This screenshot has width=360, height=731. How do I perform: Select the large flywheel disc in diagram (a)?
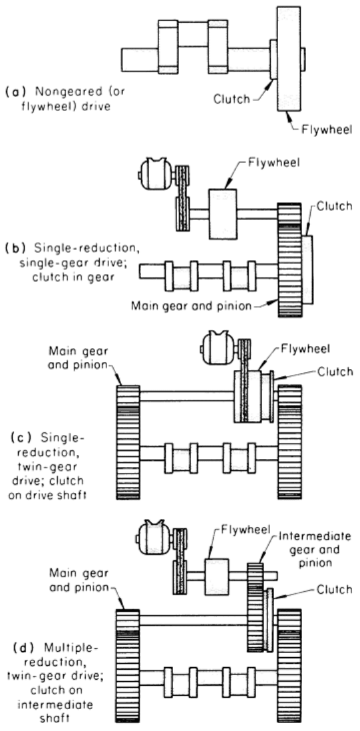pos(288,59)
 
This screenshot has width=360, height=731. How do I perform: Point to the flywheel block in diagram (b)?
pos(222,214)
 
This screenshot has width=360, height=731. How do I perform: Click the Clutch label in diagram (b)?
pos(335,206)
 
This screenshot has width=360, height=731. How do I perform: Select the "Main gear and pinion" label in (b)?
pos(192,306)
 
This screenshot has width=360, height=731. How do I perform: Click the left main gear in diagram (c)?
pos(128,442)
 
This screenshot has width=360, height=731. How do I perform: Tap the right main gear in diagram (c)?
pos(289,442)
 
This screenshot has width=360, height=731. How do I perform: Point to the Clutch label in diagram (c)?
pos(335,372)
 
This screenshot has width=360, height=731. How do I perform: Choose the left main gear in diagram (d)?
pos(128,666)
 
